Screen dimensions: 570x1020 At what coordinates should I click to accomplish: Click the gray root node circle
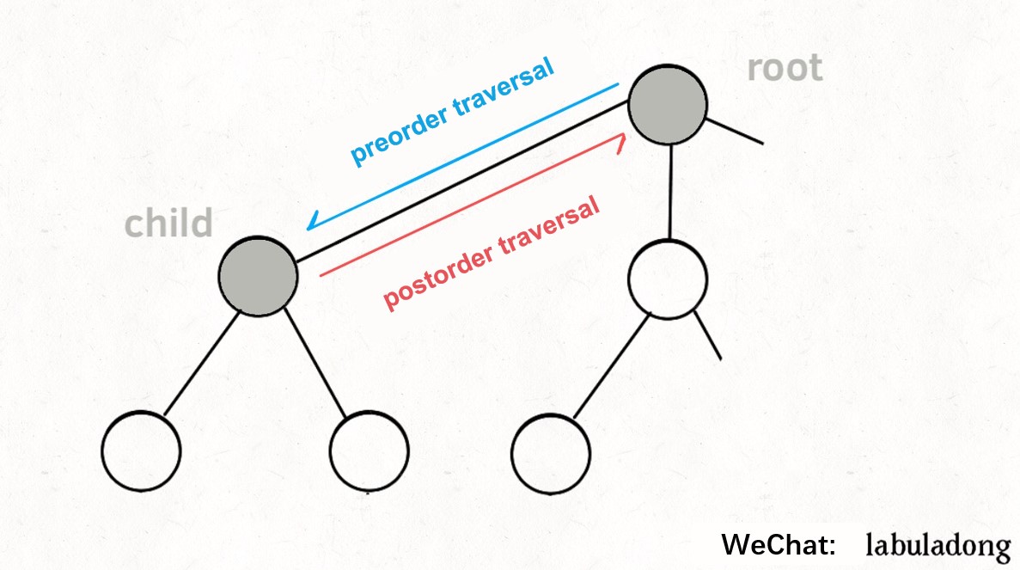click(668, 105)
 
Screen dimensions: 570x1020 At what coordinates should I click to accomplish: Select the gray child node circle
click(258, 276)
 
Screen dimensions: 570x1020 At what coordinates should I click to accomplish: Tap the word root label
click(784, 68)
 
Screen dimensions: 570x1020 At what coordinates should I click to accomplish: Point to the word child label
click(168, 224)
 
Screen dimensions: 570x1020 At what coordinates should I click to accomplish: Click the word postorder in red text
click(436, 273)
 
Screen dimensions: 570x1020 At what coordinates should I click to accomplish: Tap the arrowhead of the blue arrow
click(311, 226)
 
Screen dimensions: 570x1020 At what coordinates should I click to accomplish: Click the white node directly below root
click(668, 279)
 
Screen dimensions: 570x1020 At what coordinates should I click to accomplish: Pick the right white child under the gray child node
click(369, 451)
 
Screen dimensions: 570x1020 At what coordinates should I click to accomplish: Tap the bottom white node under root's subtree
click(551, 453)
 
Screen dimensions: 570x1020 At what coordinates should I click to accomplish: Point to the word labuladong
click(938, 545)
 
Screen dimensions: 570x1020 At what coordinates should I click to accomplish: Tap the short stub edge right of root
click(735, 130)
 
